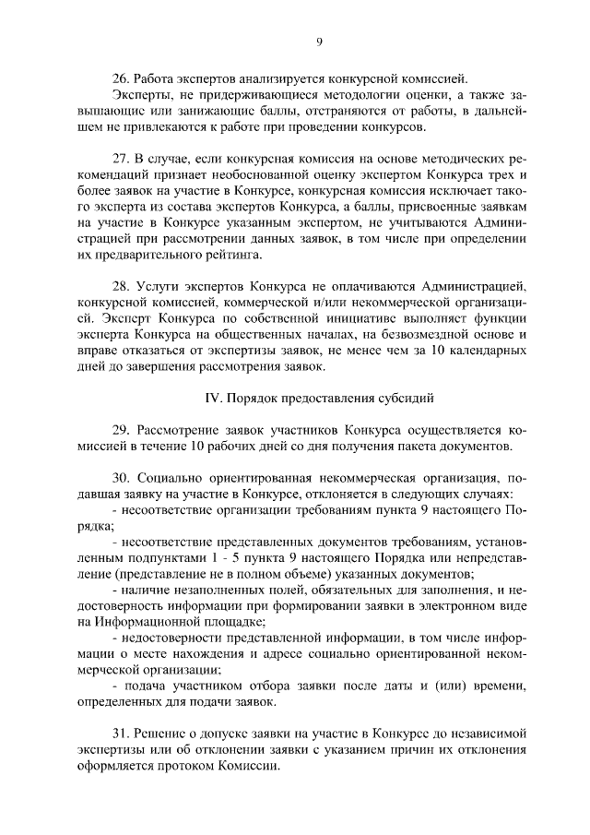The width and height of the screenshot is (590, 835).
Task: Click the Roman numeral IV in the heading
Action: (211, 400)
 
